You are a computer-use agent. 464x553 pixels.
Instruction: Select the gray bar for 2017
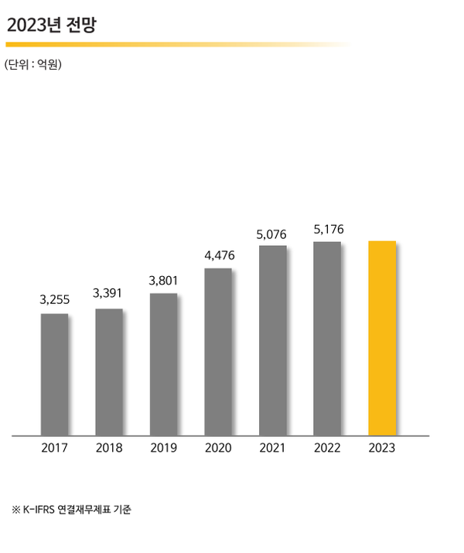point(54,374)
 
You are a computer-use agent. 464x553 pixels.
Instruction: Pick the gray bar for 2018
point(109,372)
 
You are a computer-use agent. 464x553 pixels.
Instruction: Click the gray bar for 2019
point(163,364)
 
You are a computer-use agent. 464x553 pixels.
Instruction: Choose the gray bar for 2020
point(218,352)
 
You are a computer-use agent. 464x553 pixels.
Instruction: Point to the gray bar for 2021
point(273,340)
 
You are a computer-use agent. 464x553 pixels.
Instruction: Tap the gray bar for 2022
point(327,338)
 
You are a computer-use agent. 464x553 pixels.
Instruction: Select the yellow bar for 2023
point(382,338)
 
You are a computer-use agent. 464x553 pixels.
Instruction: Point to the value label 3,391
point(108,293)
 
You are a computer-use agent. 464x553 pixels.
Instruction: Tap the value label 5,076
point(273,233)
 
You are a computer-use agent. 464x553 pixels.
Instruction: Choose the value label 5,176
point(328,230)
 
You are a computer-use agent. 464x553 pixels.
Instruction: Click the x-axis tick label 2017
point(54,449)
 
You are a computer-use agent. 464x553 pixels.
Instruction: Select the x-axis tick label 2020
point(218,449)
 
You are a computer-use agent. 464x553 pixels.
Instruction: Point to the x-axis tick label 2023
point(382,449)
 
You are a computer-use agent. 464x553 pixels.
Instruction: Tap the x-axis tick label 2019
point(163,449)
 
